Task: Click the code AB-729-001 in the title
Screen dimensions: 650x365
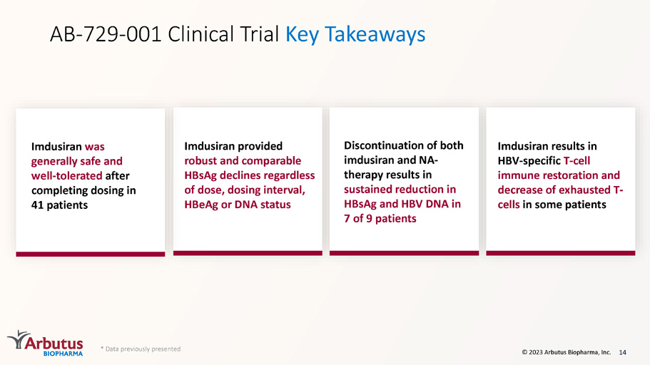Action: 106,34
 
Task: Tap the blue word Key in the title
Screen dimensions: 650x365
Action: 302,35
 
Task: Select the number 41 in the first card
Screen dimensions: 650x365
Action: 37,205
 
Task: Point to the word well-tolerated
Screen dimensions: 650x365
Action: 67,175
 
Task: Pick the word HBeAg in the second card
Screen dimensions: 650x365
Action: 201,205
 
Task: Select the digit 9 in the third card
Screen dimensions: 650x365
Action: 369,219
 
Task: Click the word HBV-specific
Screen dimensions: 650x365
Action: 529,160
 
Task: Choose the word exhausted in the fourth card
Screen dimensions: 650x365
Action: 584,190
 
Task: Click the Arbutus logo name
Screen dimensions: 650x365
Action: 54,343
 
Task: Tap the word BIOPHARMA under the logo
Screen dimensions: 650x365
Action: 63,354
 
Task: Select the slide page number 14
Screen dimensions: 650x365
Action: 622,352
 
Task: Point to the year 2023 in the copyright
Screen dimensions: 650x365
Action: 536,352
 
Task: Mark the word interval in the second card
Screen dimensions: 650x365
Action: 285,190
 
